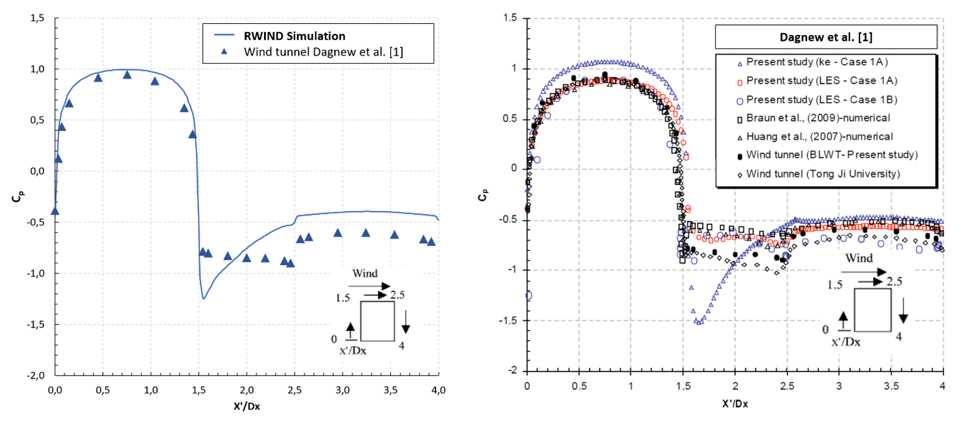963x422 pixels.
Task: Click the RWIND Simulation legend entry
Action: click(x=294, y=36)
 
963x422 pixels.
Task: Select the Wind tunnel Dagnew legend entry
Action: click(x=323, y=52)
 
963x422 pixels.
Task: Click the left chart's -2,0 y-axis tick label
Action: click(x=36, y=376)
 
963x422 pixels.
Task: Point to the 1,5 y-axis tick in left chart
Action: click(x=37, y=18)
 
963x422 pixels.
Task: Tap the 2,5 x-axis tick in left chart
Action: click(x=294, y=390)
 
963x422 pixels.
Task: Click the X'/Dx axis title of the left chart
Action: click(x=247, y=407)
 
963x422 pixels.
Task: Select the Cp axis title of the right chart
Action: click(x=483, y=194)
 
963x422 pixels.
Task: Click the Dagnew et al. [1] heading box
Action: click(x=826, y=37)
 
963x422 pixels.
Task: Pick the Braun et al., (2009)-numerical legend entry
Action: click(x=818, y=118)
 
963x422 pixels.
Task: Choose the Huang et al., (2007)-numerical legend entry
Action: click(x=819, y=137)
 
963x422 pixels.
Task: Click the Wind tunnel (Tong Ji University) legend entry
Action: click(x=823, y=174)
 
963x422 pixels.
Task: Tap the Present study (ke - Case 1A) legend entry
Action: click(x=817, y=62)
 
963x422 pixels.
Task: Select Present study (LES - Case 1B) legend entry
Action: click(x=821, y=100)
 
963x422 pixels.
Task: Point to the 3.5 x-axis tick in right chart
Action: click(x=891, y=386)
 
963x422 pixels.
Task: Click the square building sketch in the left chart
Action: click(x=378, y=321)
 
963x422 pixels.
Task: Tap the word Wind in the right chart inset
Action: click(x=859, y=259)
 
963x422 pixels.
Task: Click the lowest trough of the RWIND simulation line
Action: click(x=203, y=298)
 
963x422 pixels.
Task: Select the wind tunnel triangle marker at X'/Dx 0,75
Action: click(x=127, y=75)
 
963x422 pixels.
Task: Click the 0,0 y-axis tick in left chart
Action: click(x=37, y=171)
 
